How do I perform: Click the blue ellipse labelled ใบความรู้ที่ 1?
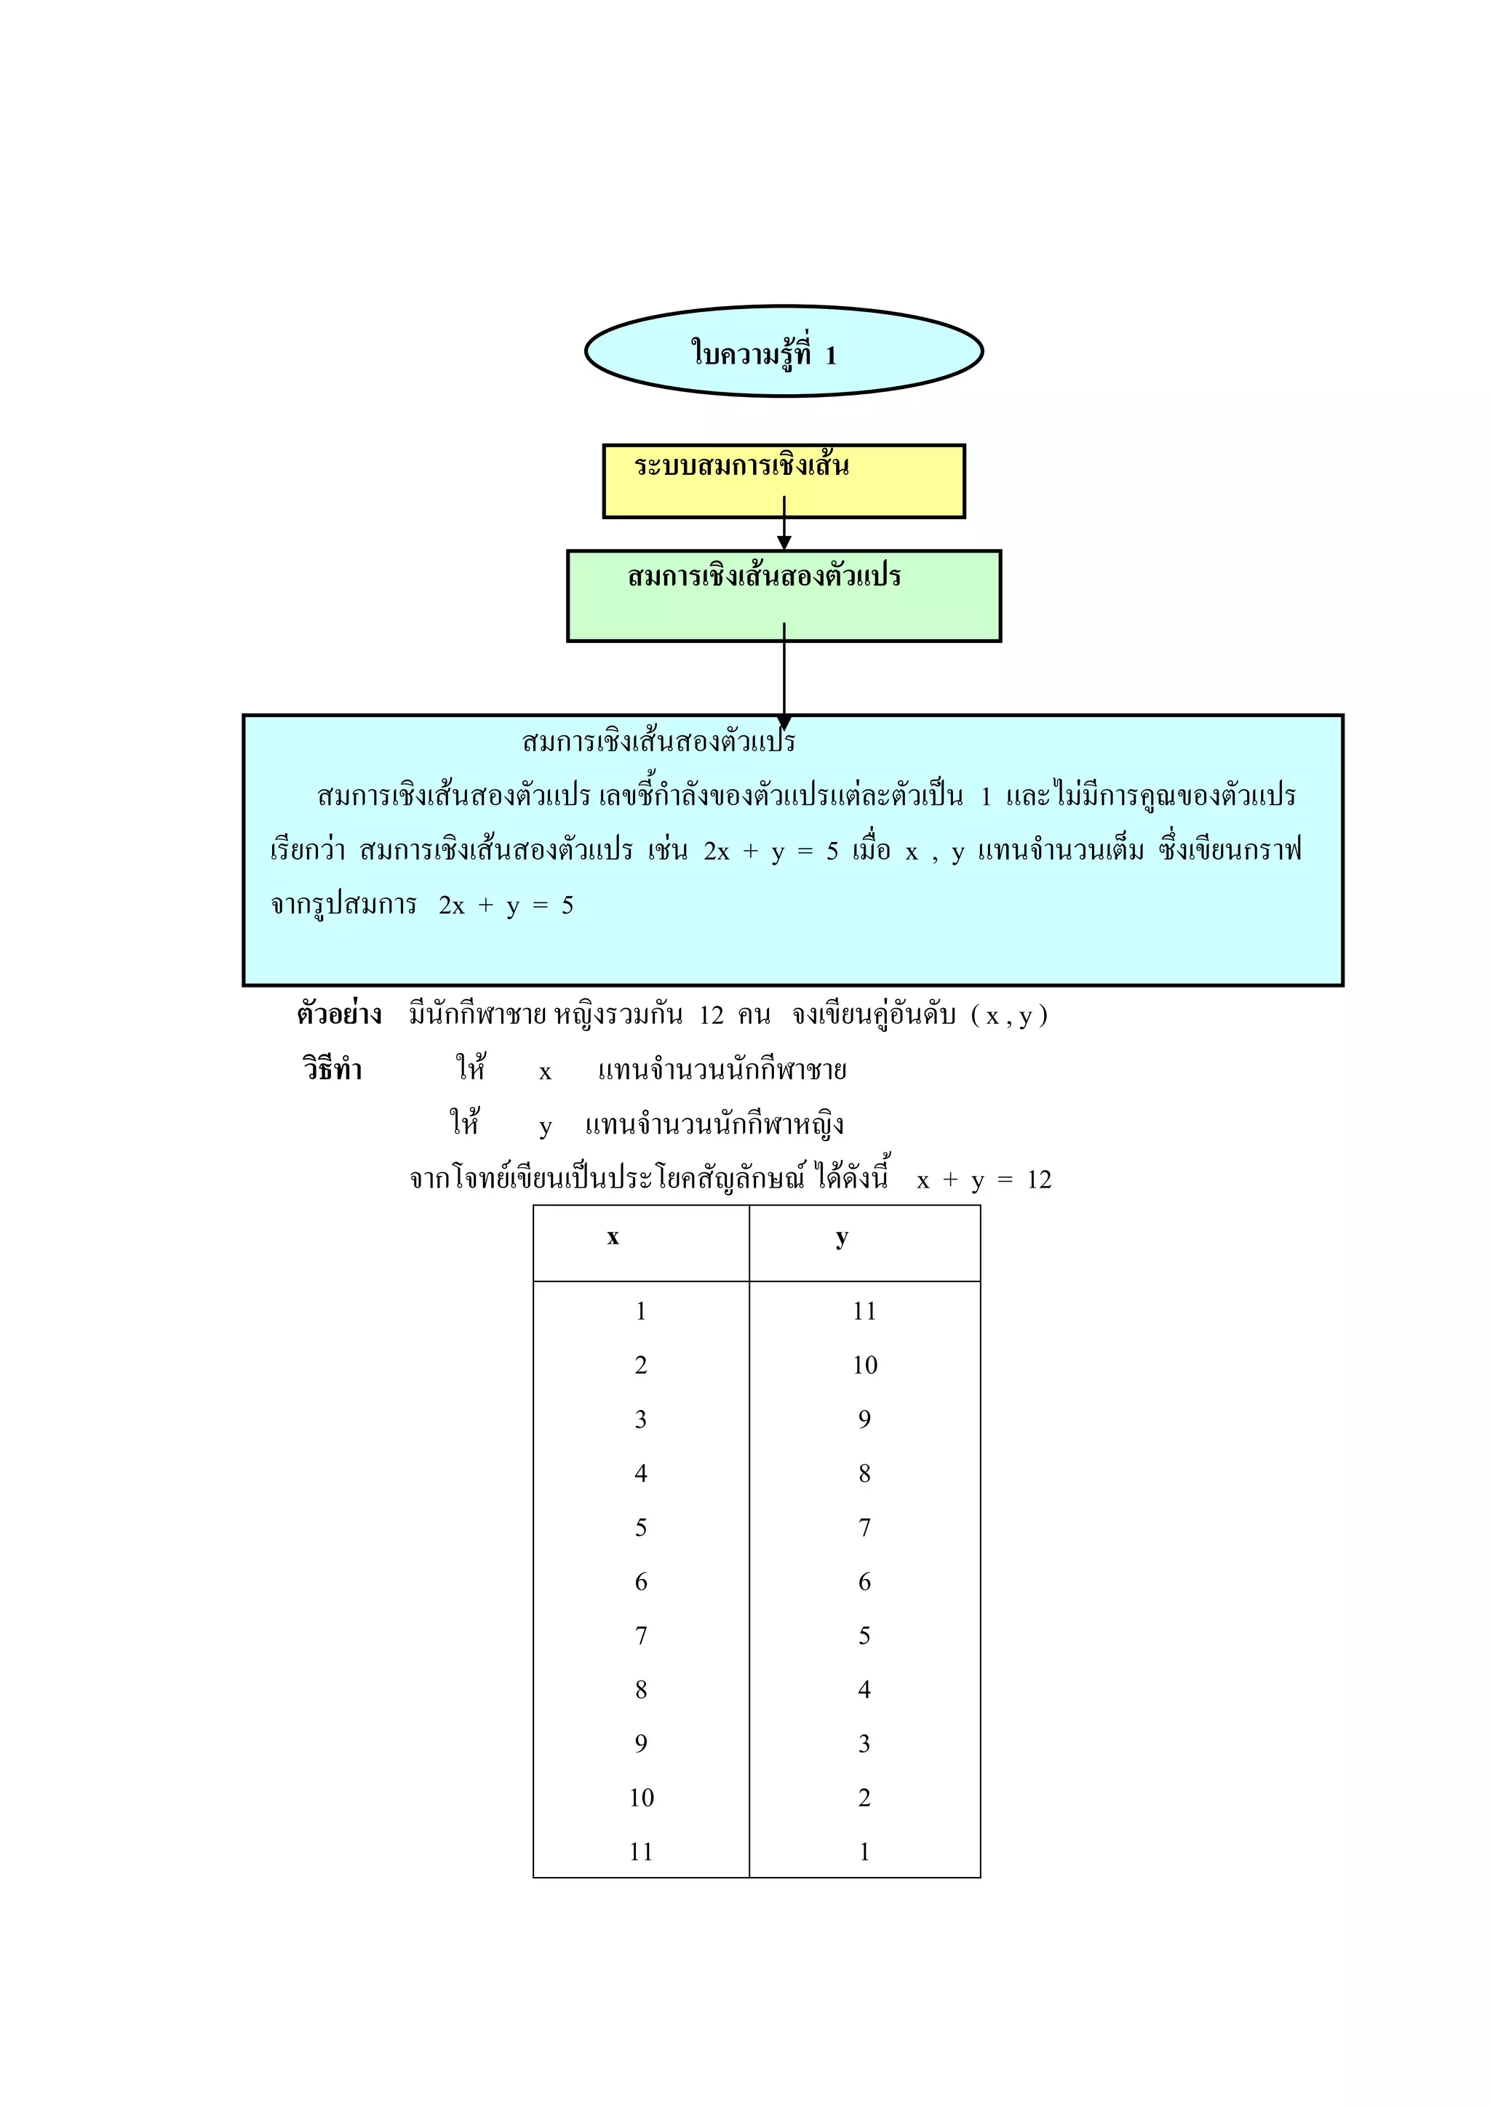[784, 351]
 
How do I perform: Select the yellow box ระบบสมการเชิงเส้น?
[784, 481]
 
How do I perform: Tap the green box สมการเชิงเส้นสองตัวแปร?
[784, 596]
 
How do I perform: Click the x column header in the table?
[613, 1238]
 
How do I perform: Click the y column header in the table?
[841, 1238]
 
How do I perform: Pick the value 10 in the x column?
[641, 1798]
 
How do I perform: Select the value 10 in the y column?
[864, 1365]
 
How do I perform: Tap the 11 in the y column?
[864, 1310]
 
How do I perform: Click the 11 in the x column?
[641, 1852]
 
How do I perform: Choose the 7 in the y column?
[864, 1527]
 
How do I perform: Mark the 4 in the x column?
[641, 1473]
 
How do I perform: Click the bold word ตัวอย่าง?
[338, 1014]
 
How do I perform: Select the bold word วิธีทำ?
[332, 1070]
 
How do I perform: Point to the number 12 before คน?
[711, 1015]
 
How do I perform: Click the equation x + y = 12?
[984, 1180]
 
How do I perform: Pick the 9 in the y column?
[864, 1419]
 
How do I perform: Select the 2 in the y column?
[864, 1798]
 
